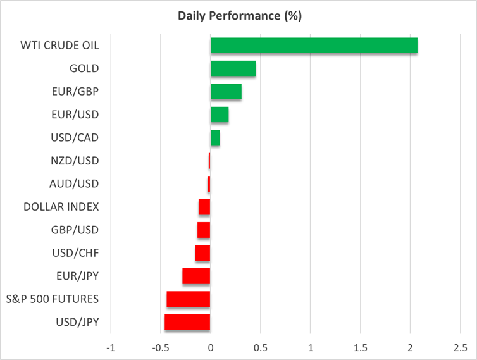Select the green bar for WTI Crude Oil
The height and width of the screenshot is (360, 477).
coord(314,45)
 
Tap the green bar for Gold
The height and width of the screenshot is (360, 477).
coord(233,68)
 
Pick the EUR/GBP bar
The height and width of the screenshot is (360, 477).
coord(226,91)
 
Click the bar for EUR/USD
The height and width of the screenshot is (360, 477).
coord(220,115)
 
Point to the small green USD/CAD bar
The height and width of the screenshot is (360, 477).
coord(215,137)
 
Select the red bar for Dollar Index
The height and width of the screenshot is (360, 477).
coord(204,207)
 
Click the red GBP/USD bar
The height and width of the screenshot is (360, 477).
coord(204,230)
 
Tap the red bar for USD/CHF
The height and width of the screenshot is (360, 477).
coord(202,253)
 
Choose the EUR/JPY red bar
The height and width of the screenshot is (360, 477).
coord(196,276)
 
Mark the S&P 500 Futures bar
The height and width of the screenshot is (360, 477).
coord(188,299)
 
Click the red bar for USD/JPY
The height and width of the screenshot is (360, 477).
coord(187,322)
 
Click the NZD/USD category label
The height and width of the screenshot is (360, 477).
coord(75,161)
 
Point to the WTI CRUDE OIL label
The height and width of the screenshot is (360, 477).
coord(61,46)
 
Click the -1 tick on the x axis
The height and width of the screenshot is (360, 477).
coord(111,347)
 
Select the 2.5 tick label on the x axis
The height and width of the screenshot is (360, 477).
coord(460,347)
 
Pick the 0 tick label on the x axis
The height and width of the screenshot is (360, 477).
coord(211,347)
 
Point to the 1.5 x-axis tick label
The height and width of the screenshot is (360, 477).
coord(360,347)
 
